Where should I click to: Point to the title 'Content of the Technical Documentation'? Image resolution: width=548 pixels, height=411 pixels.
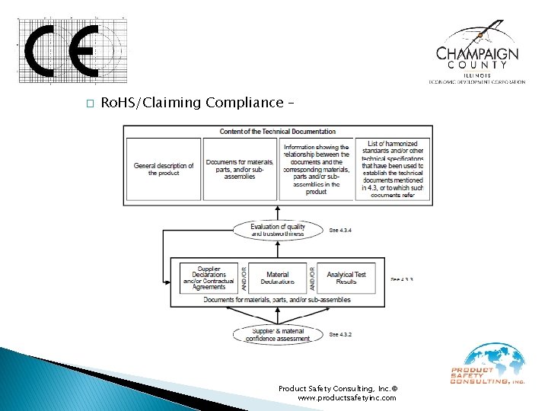[x=278, y=132]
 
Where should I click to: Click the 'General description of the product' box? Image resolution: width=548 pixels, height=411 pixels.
[x=163, y=169]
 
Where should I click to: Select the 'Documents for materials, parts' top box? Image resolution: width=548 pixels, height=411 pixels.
[x=239, y=169]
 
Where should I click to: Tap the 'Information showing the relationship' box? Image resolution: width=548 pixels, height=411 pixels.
[x=316, y=169]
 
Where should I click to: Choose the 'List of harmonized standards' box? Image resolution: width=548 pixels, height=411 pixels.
[x=393, y=169]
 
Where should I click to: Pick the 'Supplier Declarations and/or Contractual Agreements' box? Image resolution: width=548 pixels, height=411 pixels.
[x=209, y=278]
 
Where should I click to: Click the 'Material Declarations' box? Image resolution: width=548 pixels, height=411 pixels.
[x=277, y=278]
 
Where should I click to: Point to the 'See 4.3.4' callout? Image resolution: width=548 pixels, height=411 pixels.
[x=340, y=231]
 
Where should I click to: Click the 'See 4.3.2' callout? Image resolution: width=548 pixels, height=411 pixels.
[x=340, y=334]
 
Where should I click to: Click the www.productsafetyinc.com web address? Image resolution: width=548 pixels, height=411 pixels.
[x=346, y=398]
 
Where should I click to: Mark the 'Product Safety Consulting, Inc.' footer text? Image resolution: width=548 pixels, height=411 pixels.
[x=336, y=387]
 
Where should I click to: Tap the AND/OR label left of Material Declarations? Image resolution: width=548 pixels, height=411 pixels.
[x=244, y=278]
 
